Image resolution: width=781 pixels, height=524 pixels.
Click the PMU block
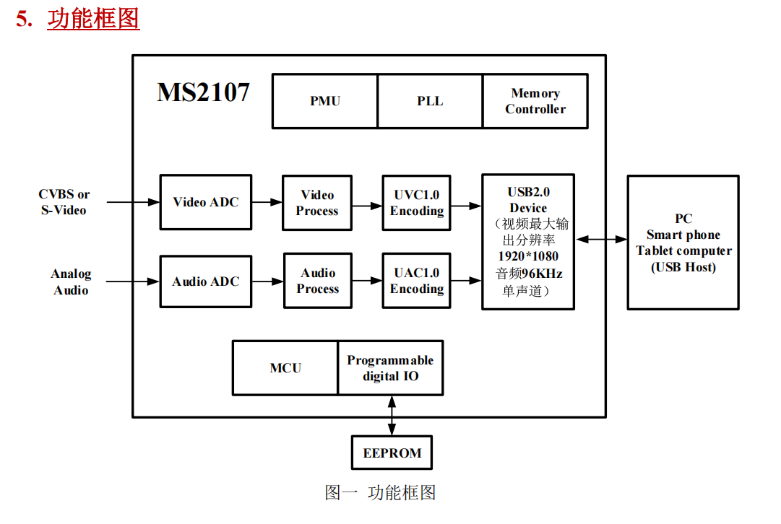[x=324, y=101]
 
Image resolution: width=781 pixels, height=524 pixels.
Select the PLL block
[x=430, y=101]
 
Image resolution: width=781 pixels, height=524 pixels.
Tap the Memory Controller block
[x=535, y=101]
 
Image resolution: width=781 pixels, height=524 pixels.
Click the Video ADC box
[x=206, y=202]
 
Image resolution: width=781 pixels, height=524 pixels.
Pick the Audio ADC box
[x=206, y=281]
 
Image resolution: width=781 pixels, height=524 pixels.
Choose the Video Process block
[x=317, y=203]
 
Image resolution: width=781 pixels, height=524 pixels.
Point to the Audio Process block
[x=318, y=281]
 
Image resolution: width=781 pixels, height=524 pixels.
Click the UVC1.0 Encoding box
[x=416, y=203]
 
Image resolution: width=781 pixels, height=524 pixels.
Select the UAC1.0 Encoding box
[x=416, y=281]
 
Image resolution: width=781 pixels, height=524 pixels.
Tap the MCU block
[x=285, y=368]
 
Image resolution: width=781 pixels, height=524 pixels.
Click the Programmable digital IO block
[x=390, y=368]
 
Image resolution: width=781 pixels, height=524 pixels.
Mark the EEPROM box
[x=392, y=453]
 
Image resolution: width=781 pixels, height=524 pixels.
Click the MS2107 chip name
[x=203, y=92]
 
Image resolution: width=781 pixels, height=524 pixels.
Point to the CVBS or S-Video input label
[x=64, y=202]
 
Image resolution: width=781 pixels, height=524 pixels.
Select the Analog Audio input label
[x=71, y=281]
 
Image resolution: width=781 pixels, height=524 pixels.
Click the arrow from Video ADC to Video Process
[x=267, y=202]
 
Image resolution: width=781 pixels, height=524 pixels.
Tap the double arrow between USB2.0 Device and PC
[x=601, y=240]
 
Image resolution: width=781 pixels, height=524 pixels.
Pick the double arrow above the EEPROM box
[x=392, y=416]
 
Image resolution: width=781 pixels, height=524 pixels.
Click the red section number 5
[x=24, y=19]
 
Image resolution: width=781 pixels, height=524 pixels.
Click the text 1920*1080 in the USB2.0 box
[x=528, y=256]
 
